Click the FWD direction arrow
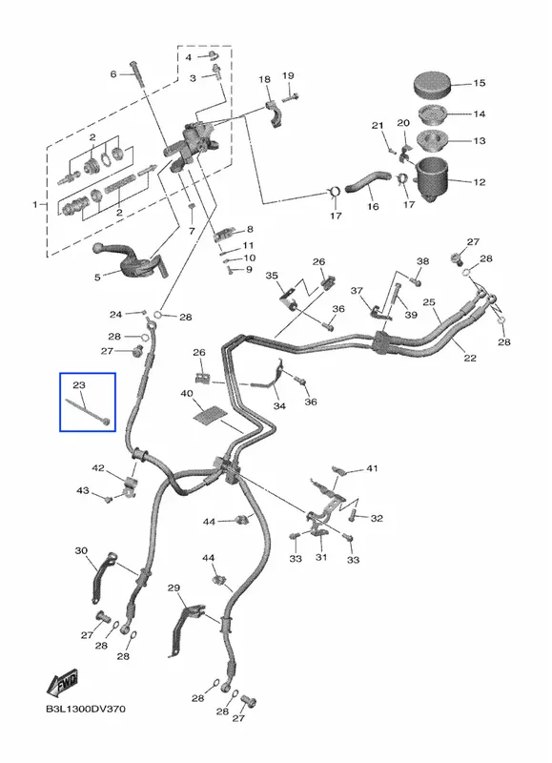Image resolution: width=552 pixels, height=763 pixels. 62,683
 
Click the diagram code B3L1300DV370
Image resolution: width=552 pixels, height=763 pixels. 86,709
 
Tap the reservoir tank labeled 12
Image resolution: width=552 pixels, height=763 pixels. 431,179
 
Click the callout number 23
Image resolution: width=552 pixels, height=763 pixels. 79,385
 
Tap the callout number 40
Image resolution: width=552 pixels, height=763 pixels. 186,393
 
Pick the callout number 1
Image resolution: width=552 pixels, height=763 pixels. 35,205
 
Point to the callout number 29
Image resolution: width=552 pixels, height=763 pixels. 174,588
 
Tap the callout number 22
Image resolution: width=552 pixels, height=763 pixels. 470,359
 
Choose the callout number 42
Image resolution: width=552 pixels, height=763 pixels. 98,468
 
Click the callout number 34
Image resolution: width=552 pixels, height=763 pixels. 279,406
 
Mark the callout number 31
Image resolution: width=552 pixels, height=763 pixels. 321,557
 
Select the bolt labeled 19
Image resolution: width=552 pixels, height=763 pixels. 291,96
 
